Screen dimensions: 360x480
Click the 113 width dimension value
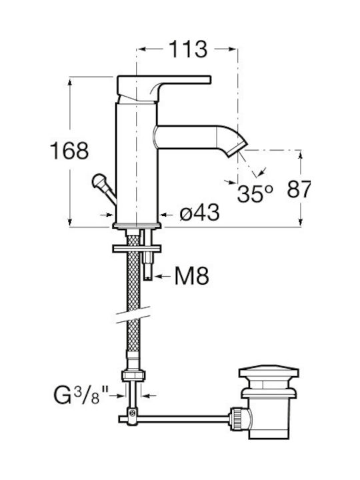(x=188, y=49)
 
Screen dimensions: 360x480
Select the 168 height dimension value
(x=69, y=151)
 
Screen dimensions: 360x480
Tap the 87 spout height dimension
(x=299, y=189)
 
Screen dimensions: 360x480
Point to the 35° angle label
(x=255, y=193)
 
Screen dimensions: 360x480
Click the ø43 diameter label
(x=199, y=212)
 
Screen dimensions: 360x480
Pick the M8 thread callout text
(x=191, y=276)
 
